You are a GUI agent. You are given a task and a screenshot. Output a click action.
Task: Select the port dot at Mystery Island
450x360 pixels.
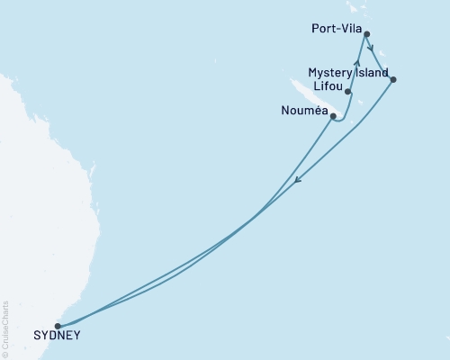(x=393, y=80)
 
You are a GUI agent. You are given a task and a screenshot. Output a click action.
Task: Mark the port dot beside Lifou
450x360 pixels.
(x=347, y=92)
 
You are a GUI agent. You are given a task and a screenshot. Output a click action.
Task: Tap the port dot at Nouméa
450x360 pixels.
(x=333, y=116)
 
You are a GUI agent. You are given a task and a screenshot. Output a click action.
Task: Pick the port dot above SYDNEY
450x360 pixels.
(x=58, y=326)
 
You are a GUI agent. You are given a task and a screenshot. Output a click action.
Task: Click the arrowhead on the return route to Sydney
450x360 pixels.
(x=299, y=182)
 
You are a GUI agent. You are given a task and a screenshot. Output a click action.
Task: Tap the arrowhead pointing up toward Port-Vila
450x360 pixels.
(x=357, y=64)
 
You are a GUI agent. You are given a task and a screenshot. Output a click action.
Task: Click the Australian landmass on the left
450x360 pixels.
(x=36, y=180)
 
